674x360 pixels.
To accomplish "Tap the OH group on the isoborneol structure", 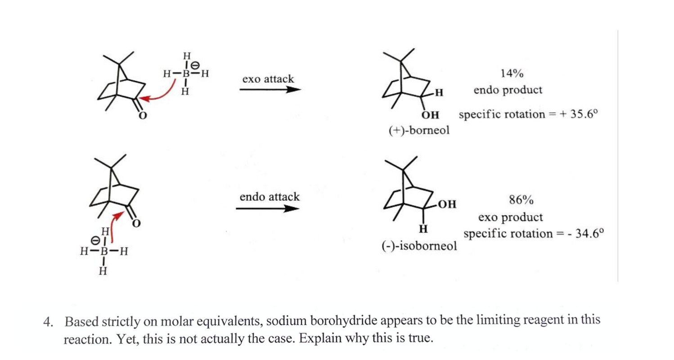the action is point(447,205).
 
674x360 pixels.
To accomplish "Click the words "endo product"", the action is point(508,90).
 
